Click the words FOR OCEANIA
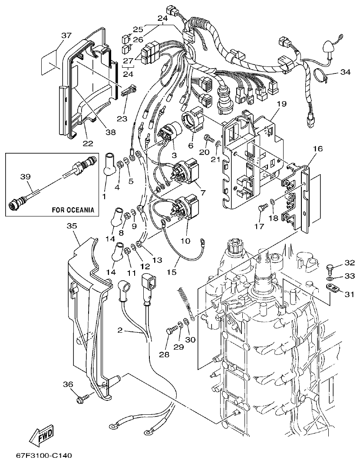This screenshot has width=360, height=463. tap(73, 209)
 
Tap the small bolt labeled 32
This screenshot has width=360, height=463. tap(331, 267)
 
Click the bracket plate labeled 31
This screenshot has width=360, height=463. tap(332, 287)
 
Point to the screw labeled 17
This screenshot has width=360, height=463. tap(262, 208)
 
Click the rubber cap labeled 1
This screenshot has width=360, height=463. tap(109, 165)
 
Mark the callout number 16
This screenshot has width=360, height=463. tap(317, 149)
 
